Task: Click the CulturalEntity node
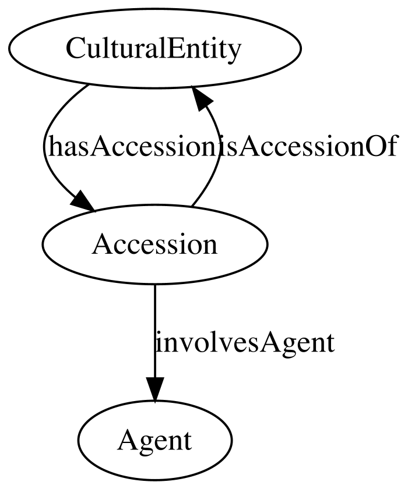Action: pyautogui.click(x=155, y=49)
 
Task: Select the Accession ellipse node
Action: pyautogui.click(x=155, y=245)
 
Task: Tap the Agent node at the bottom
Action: pyautogui.click(x=155, y=440)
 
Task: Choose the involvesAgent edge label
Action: pyautogui.click(x=245, y=342)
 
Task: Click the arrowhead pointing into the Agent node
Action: pyautogui.click(x=155, y=389)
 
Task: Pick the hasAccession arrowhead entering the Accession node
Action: pyautogui.click(x=83, y=202)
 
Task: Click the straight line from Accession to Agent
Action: pyautogui.click(x=155, y=331)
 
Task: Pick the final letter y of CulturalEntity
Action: pyautogui.click(x=234, y=53)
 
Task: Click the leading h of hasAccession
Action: pyautogui.click(x=54, y=146)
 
